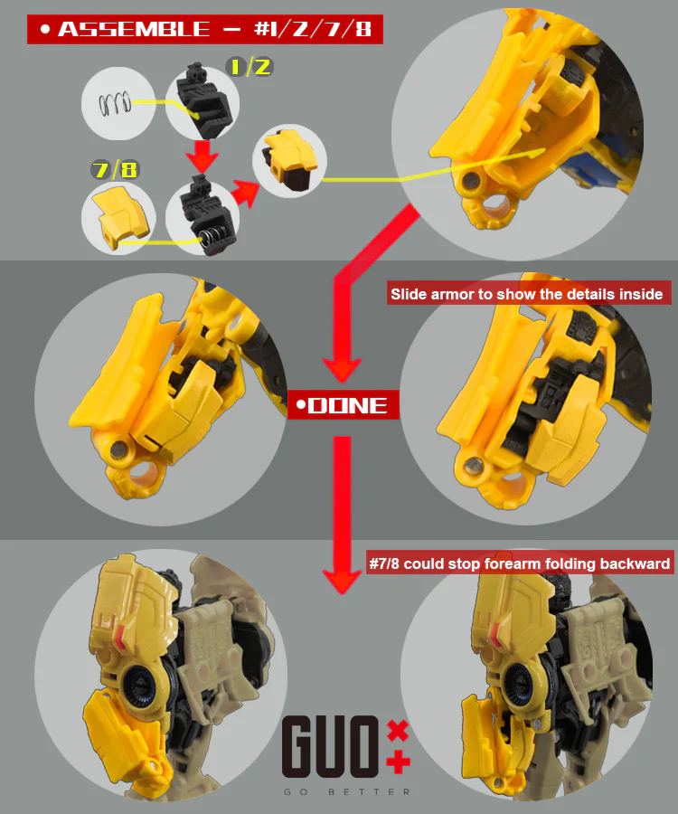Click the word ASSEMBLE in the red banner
(134, 29)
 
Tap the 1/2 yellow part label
(250, 67)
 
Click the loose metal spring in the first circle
(114, 104)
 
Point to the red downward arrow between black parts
(202, 155)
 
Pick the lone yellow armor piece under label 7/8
(120, 216)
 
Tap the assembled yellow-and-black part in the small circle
(289, 160)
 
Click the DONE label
(343, 405)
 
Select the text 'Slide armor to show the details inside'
(527, 294)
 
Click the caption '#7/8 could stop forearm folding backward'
(519, 563)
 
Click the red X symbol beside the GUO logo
(398, 731)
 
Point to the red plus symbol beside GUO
(399, 762)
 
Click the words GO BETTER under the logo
(347, 792)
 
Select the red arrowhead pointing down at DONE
(343, 370)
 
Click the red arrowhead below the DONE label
(342, 581)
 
